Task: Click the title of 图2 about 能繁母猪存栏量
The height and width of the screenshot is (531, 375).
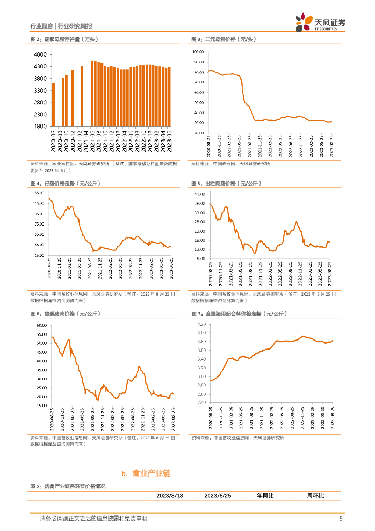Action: coord(64,40)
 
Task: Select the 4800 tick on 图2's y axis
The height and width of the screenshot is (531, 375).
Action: coord(41,54)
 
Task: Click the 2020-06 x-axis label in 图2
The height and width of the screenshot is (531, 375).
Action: coord(53,141)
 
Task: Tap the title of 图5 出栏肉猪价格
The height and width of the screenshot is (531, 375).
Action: coord(225,184)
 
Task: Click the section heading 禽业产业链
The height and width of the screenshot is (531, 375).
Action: coord(151,473)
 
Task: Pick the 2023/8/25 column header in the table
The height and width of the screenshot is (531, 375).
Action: coord(218,496)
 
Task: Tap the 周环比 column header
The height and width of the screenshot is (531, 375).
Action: coord(315,496)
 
